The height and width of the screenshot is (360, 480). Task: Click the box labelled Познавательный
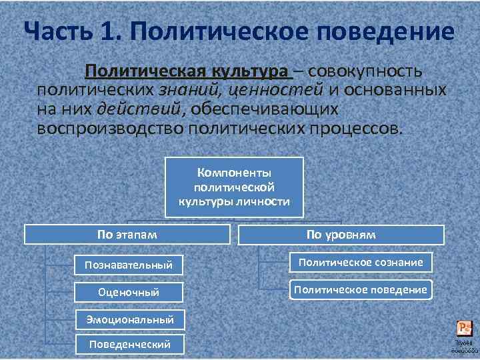coord(129,265)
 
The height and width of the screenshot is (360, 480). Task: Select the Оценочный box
coord(129,292)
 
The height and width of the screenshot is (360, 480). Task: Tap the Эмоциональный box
coord(129,319)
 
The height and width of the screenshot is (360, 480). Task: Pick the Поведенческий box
coord(129,344)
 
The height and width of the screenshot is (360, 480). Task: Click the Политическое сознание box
coord(361,262)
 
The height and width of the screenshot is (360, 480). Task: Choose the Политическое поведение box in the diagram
coord(361,289)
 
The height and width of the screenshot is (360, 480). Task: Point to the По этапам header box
coord(127,235)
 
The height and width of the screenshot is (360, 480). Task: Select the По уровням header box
coord(341,235)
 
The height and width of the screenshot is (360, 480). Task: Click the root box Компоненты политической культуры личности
coord(234,187)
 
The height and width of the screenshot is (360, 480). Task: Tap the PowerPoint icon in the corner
coord(464,328)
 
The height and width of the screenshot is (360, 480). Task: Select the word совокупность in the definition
coord(365,71)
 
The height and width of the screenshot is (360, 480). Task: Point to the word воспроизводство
coord(110,127)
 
